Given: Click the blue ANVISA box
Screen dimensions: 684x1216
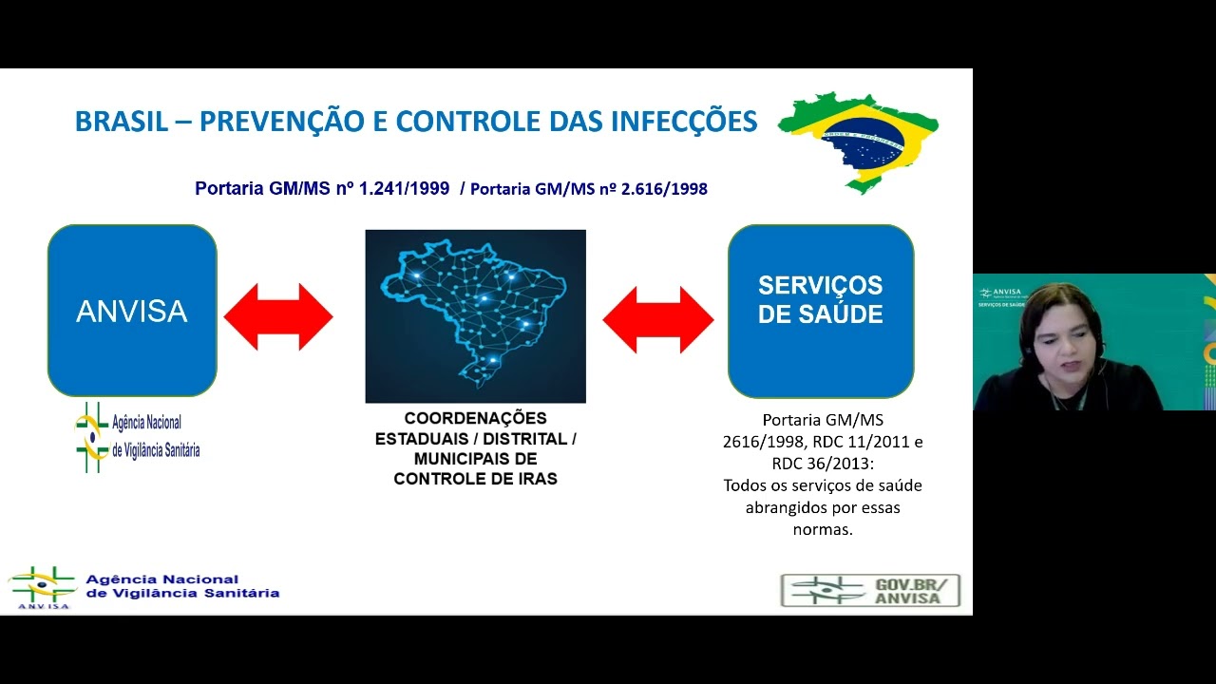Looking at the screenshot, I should (132, 311).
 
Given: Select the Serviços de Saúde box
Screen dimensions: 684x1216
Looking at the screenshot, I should (821, 311).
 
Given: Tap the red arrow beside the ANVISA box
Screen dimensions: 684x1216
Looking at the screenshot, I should (278, 316).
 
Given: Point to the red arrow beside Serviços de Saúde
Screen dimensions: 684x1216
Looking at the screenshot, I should (657, 319).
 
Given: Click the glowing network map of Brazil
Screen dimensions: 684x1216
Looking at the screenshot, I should (475, 315).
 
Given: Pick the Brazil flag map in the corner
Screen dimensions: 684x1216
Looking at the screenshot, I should (860, 141).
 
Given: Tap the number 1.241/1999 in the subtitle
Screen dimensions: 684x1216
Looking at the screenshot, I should (404, 188).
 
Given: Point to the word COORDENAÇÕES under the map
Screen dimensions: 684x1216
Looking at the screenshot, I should (475, 418).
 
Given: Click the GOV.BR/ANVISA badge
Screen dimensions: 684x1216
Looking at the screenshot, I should (870, 590).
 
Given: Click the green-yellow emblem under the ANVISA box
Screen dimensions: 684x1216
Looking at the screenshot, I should (91, 437).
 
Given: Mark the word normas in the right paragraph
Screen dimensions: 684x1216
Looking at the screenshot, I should (823, 529).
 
